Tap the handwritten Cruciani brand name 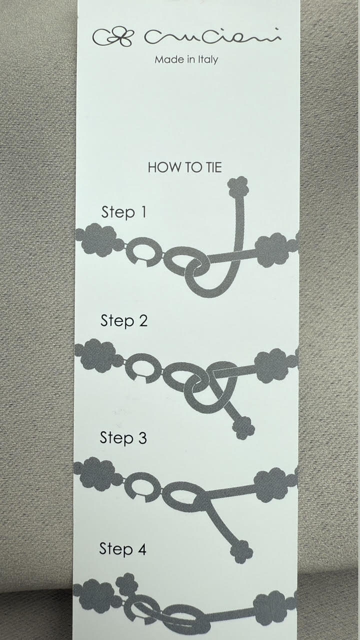point(213,36)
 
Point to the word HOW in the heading point(161,167)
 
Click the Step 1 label point(123,212)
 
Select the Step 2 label point(124,320)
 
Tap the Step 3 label point(123,437)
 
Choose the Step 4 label point(122,549)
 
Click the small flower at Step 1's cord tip point(238,186)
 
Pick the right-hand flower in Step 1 point(271,249)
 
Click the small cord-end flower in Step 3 point(241,551)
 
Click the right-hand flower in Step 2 point(271,365)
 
